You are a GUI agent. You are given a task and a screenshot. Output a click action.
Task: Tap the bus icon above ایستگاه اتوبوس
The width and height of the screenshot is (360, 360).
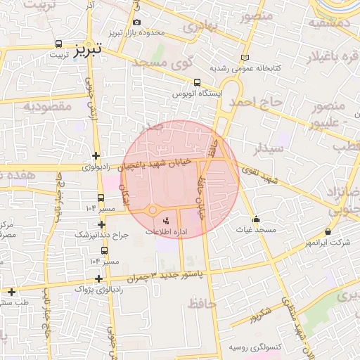pyautogui.click(x=197, y=82)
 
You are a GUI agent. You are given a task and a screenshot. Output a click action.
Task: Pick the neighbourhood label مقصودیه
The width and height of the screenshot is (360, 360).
pyautogui.click(x=48, y=106)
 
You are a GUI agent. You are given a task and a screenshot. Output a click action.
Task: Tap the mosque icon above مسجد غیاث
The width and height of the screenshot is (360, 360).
pyautogui.click(x=256, y=219)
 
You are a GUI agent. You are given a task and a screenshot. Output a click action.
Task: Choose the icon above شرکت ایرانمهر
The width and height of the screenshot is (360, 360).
pyautogui.click(x=328, y=232)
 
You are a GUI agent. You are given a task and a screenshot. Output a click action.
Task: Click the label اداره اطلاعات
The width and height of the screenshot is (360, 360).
pyautogui.click(x=165, y=231)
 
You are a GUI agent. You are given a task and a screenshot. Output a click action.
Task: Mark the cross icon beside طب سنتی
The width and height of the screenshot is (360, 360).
pyautogui.click(x=12, y=292)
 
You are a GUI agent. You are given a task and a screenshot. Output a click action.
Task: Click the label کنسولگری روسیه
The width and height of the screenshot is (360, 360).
pyautogui.click(x=255, y=347)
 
